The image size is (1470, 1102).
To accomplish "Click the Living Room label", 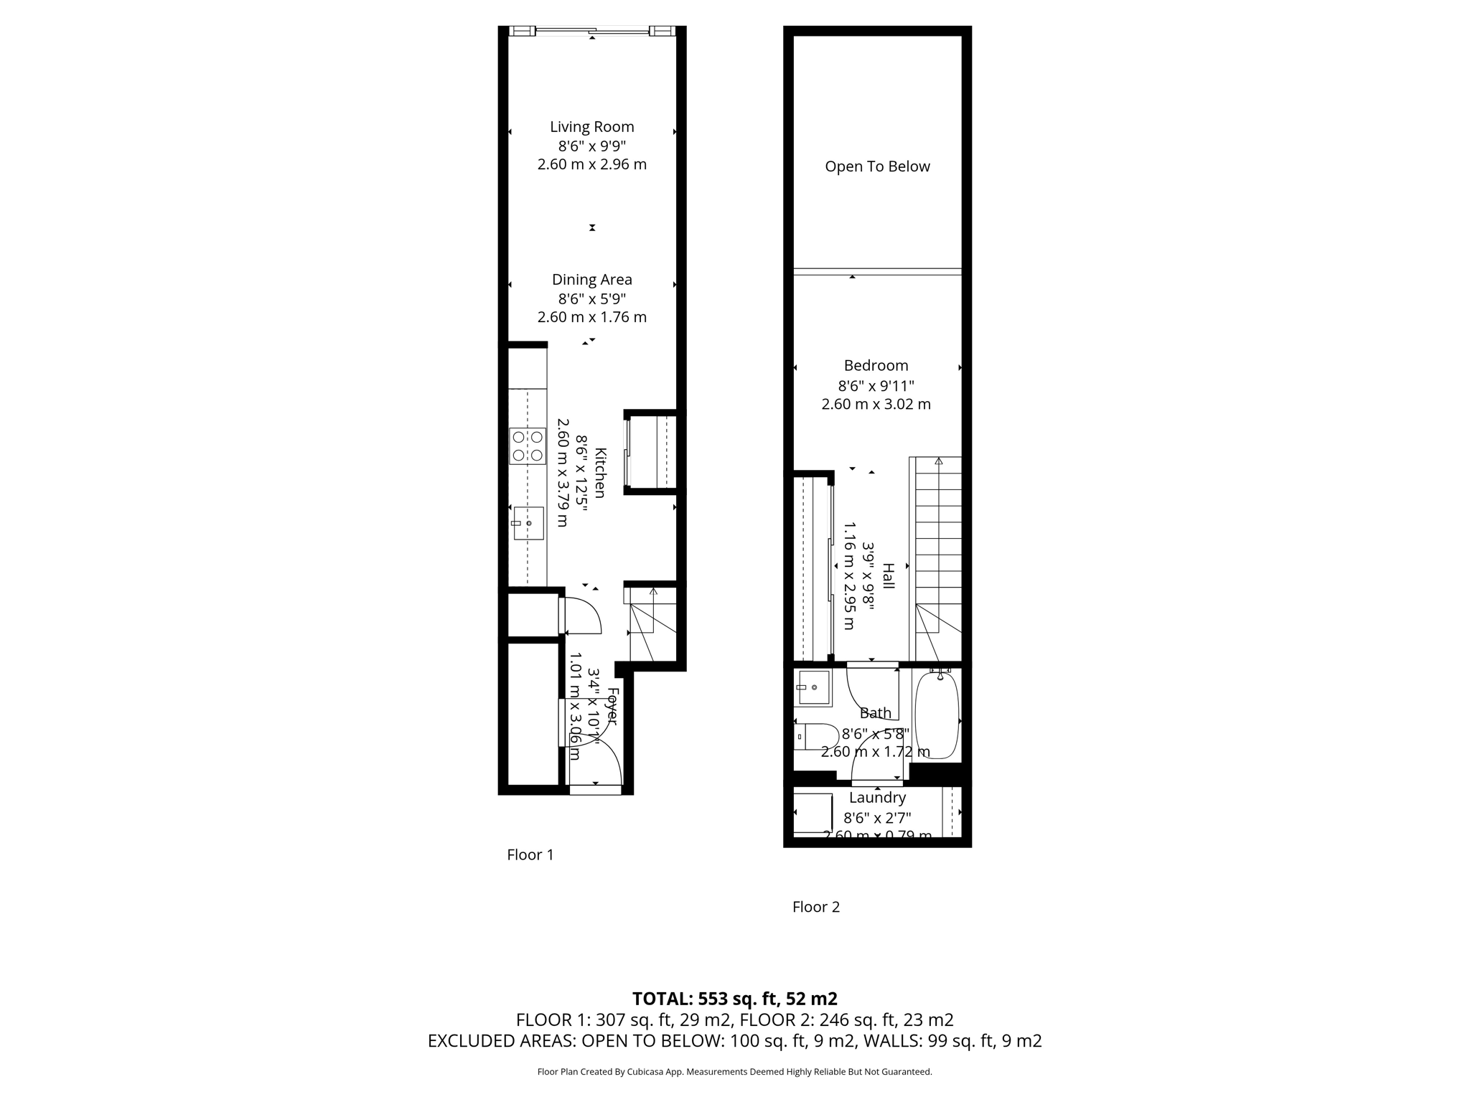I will coord(591,127).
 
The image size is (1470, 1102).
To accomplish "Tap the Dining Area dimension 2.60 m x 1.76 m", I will coord(591,317).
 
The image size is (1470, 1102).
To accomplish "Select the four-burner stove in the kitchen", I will coord(528,446).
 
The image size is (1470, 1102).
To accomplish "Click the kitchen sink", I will coord(528,523).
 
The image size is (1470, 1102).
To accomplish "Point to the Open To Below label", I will coord(877,166).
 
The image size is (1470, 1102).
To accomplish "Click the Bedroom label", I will coord(876,366).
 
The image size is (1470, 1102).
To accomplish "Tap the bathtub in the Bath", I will coord(937,716).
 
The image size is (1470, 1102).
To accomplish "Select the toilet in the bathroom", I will coord(818,736).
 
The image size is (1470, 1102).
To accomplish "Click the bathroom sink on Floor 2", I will coord(814,687).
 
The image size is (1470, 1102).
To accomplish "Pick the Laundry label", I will coord(877,798).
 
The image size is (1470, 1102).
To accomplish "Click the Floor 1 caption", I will coord(530,854).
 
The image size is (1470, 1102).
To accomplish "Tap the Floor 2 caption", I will coord(815,907).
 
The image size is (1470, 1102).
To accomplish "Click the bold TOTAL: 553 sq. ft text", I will coord(734,999).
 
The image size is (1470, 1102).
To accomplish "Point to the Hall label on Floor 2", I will coord(889,576).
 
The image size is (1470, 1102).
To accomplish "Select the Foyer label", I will coord(612,707).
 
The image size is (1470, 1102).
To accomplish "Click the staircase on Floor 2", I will coord(938,545).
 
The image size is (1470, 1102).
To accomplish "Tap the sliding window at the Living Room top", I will coord(592,31).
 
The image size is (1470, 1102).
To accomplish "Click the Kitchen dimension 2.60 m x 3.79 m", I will coord(563,473).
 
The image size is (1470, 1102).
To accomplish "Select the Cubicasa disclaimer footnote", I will coord(734,1072).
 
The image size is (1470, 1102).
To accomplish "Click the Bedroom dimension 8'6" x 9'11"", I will coord(876,385).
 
